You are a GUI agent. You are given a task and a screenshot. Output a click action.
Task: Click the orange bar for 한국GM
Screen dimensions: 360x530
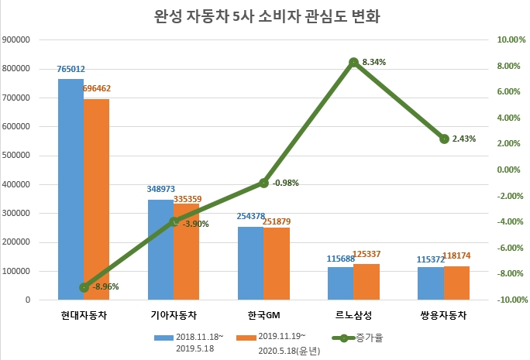(277, 264)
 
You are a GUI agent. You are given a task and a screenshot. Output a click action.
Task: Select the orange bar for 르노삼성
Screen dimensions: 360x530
(367, 282)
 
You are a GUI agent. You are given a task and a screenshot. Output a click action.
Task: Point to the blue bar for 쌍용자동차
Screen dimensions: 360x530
(430, 283)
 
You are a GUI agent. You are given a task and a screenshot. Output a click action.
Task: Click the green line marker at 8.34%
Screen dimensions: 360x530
(354, 62)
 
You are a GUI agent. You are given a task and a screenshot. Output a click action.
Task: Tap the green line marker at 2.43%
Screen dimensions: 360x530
(444, 139)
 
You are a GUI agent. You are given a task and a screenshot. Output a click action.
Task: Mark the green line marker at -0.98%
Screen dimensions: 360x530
(264, 183)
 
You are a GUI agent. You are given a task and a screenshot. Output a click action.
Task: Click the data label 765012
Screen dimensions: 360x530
(71, 69)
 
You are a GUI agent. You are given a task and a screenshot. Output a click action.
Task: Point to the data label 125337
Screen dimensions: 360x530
(368, 254)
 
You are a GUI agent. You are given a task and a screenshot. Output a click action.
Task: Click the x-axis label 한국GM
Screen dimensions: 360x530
(264, 315)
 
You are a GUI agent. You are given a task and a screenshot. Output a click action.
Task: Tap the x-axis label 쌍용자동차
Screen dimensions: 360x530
(444, 315)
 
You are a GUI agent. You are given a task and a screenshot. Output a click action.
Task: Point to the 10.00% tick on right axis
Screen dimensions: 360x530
(511, 39)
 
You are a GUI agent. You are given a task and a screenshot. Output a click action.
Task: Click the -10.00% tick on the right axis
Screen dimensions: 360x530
(511, 300)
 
